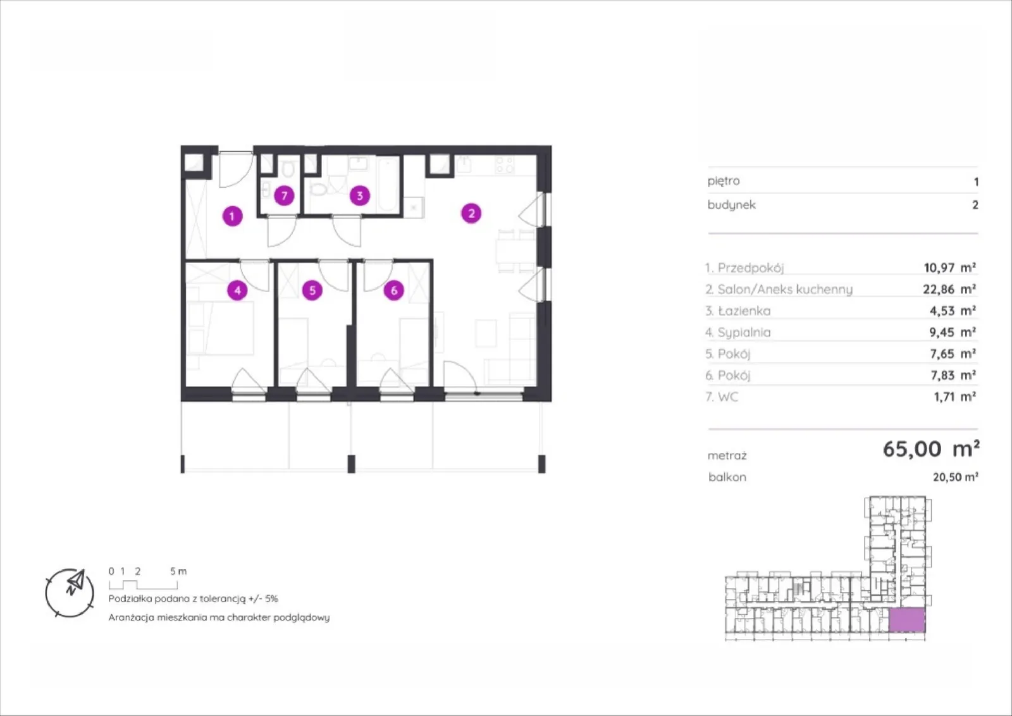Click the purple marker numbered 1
[x=233, y=216]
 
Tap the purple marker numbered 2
[x=471, y=213]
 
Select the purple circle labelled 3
[x=360, y=195]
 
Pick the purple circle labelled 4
[x=238, y=290]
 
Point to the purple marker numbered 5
[x=312, y=290]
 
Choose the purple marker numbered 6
[x=394, y=290]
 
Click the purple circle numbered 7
[x=284, y=195]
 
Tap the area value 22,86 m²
[x=949, y=289]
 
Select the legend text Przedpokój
[x=750, y=268]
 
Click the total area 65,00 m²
[x=931, y=449]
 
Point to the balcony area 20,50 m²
[x=956, y=477]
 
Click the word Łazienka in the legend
[x=744, y=311]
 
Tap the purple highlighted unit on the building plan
[x=907, y=620]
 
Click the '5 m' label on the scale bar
[x=178, y=571]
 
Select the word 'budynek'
[x=731, y=205]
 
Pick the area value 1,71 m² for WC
[x=954, y=397]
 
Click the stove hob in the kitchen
[x=504, y=165]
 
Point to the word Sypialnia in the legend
[x=744, y=333]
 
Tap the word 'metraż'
[x=727, y=456]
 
